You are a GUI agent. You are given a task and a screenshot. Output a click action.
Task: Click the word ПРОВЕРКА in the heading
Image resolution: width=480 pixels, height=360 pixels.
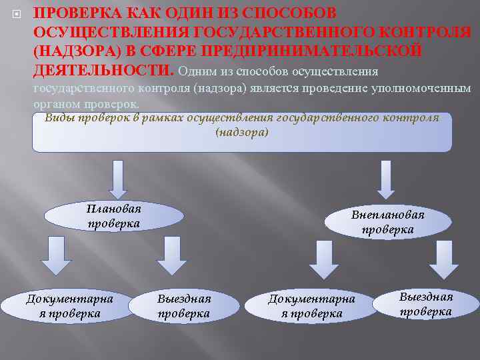tap(75, 14)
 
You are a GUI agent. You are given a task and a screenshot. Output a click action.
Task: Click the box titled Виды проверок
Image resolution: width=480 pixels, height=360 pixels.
tap(241, 132)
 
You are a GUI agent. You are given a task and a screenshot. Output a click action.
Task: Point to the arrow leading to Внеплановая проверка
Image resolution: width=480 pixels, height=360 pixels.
tap(385, 179)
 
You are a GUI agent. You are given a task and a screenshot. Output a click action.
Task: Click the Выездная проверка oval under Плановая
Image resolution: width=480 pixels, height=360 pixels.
tap(184, 305)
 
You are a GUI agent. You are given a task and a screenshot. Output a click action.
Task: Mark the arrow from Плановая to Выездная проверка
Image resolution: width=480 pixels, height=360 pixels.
tap(172, 255)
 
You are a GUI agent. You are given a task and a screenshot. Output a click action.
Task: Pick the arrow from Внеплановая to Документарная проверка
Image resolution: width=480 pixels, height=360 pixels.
tap(323, 259)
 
